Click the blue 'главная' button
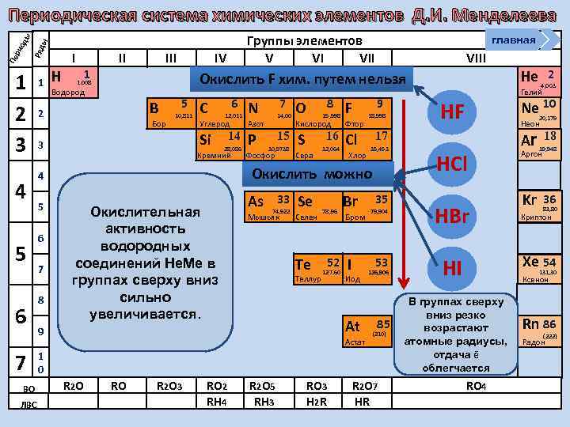(x=513, y=40)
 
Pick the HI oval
(x=452, y=269)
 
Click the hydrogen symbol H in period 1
(x=55, y=77)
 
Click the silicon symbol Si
(x=205, y=140)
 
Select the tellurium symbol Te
(x=302, y=265)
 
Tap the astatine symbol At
(x=352, y=326)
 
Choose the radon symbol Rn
(x=530, y=323)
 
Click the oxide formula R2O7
(x=362, y=386)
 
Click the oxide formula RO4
(x=476, y=386)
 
